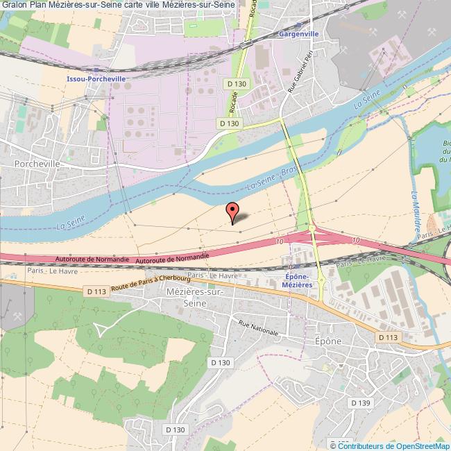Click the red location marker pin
pyautogui.click(x=233, y=211)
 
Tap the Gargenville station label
pyautogui.click(x=298, y=33)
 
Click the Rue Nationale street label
pyautogui.click(x=258, y=327)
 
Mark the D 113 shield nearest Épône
pyautogui.click(x=389, y=337)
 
